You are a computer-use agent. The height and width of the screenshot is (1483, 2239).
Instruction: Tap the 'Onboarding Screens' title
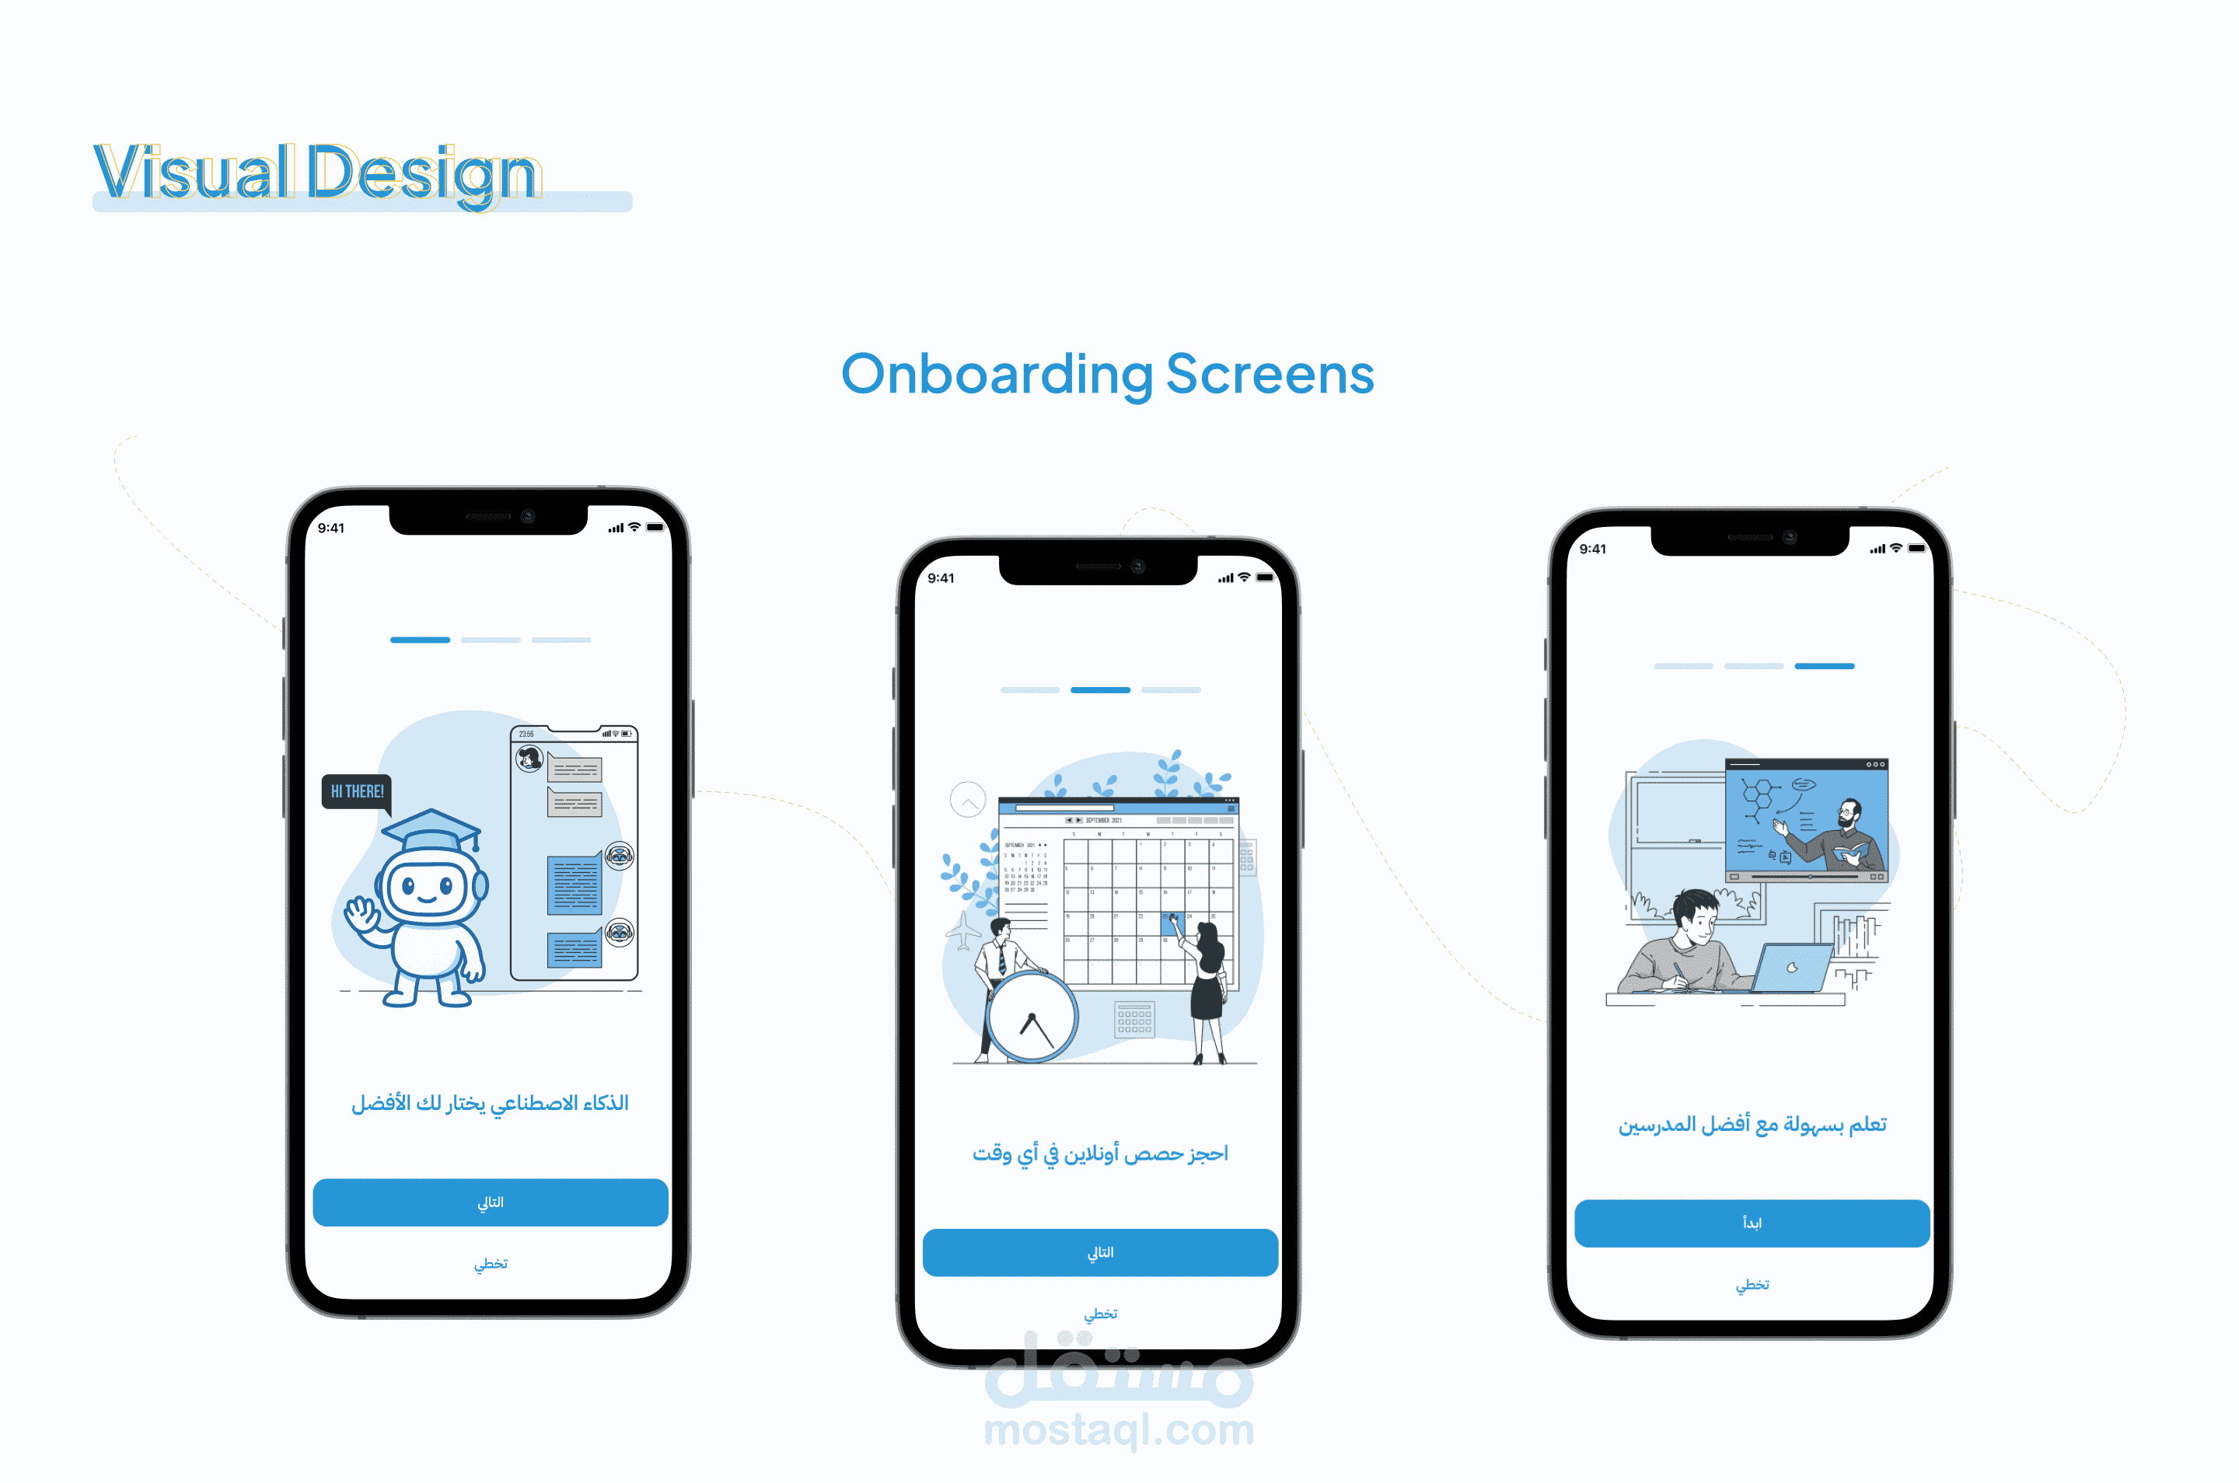click(1107, 374)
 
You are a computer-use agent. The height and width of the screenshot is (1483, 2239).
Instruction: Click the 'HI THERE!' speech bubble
click(357, 791)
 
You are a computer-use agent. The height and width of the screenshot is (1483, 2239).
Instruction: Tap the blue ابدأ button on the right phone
click(1751, 1223)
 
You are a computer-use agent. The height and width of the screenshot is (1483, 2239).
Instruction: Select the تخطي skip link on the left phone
click(490, 1264)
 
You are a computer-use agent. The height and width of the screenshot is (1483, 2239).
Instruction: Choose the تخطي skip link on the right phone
click(1752, 1284)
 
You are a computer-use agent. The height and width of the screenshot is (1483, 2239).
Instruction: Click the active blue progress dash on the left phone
click(420, 640)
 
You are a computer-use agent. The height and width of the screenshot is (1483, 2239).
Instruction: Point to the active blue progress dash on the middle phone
click(1100, 690)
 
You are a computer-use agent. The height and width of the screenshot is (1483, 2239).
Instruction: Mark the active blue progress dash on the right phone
click(1824, 667)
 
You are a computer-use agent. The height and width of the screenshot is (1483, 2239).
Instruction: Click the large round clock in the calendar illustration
click(1031, 1017)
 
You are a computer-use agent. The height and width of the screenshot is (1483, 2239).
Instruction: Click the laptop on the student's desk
click(1790, 968)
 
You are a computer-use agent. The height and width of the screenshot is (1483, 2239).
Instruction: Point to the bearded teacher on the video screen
click(1845, 832)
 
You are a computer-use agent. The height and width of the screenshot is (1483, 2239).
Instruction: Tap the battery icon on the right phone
click(1916, 549)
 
